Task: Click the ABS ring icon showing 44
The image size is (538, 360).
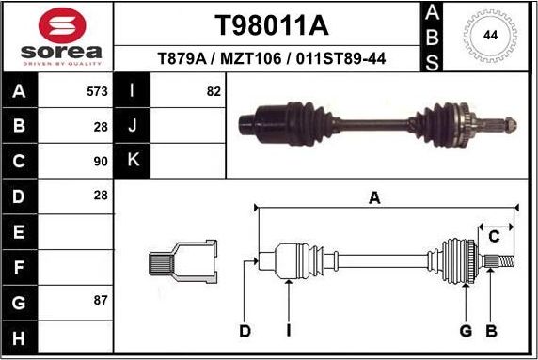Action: [x=490, y=36]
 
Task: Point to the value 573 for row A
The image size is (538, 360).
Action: [x=97, y=92]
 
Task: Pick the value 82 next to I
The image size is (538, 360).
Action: [x=213, y=92]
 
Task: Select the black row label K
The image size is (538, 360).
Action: [x=132, y=160]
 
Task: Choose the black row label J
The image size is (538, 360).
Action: [x=132, y=126]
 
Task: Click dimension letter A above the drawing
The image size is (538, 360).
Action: [x=374, y=197]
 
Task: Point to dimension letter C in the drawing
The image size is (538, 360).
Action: [x=493, y=236]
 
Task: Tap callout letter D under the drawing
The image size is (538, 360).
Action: [x=245, y=331]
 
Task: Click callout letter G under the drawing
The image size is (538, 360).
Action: [x=466, y=331]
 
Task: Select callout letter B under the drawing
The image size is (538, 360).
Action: [x=490, y=331]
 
